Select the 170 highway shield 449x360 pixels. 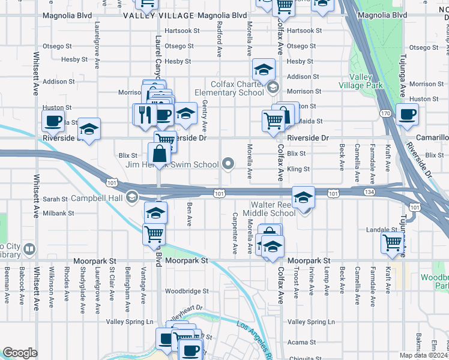tap(385, 113)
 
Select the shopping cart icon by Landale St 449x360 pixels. tap(392, 243)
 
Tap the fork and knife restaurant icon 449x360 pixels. tap(144, 114)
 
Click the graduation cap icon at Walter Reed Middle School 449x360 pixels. tap(304, 197)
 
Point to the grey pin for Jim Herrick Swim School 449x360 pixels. tap(228, 163)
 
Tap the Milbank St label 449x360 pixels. tap(58, 213)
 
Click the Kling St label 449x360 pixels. tap(298, 170)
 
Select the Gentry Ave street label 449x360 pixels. tap(205, 116)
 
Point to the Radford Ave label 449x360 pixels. tap(220, 40)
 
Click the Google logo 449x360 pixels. tap(20, 353)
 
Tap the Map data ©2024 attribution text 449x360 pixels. tap(423, 355)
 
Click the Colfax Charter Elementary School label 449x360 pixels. tap(229, 88)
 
